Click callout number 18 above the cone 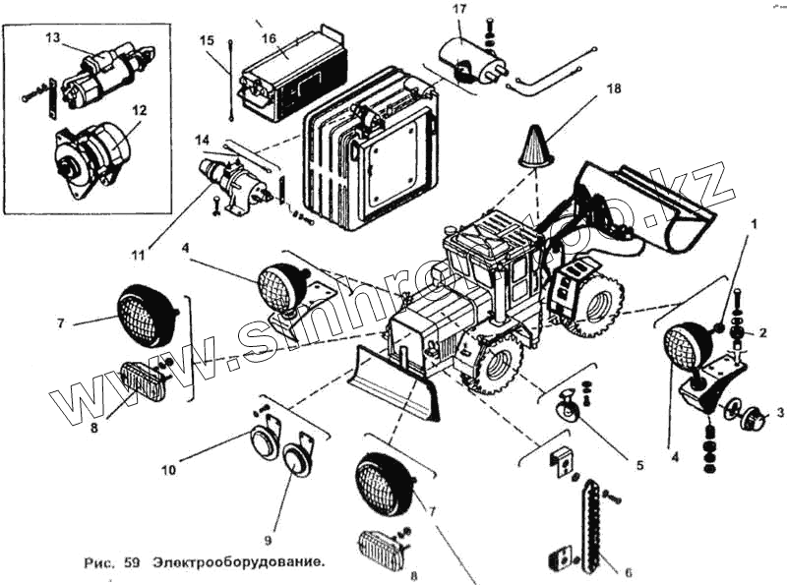pos(614,88)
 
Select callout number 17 pos(458,10)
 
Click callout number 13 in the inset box pos(52,37)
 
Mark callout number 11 pos(137,255)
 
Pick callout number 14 pos(202,139)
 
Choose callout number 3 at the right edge pos(779,412)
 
